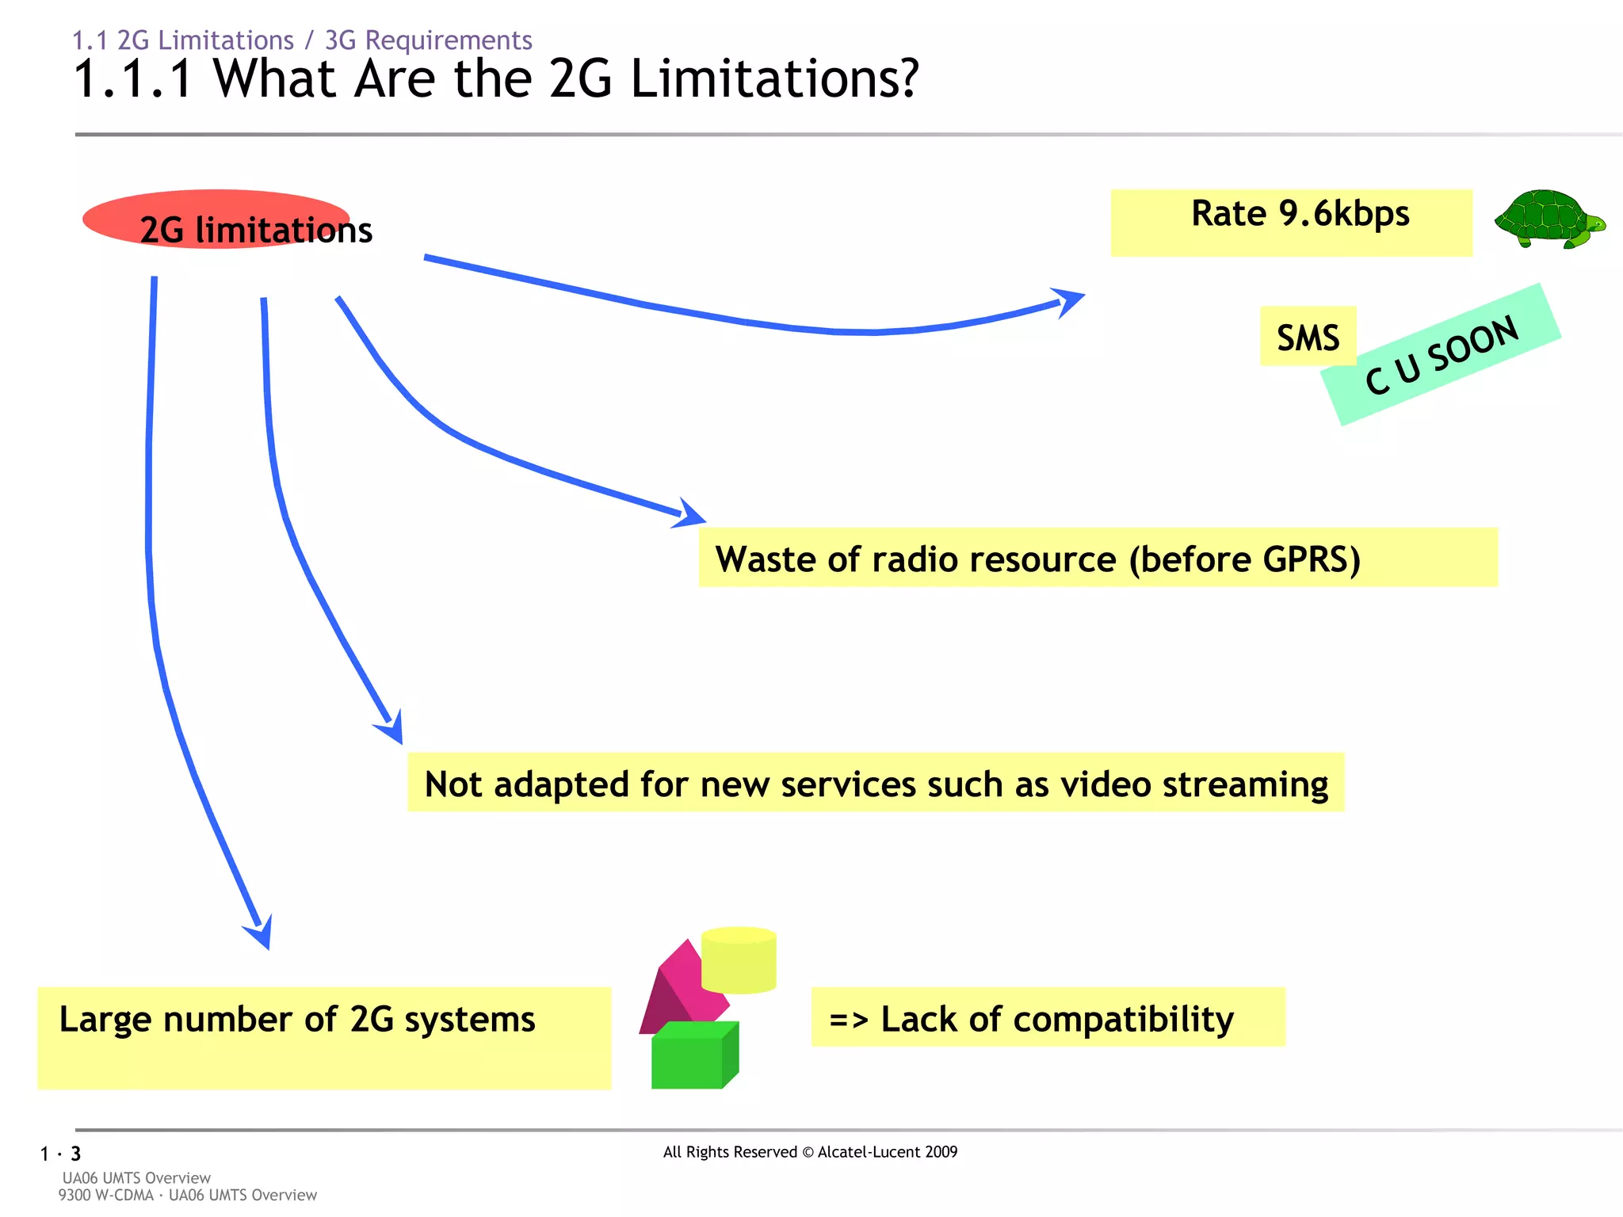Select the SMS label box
click(1308, 337)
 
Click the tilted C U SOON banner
click(1441, 355)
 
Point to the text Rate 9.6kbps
click(1300, 214)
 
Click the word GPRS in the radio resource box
click(1311, 559)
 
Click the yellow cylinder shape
click(739, 960)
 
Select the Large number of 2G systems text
click(297, 1020)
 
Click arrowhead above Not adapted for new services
click(392, 727)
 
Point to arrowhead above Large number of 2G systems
click(262, 933)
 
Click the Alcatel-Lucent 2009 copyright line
click(810, 1152)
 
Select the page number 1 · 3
click(61, 1154)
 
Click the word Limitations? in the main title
click(773, 79)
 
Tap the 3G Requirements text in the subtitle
click(428, 40)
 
